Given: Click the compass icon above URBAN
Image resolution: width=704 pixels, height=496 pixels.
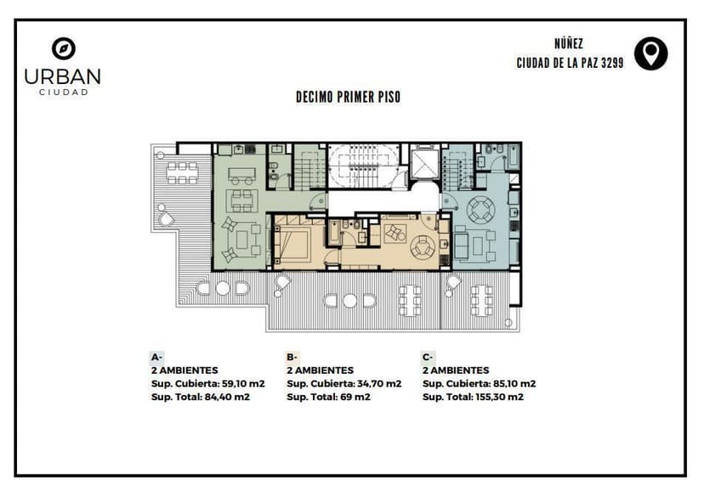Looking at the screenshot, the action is tap(63, 48).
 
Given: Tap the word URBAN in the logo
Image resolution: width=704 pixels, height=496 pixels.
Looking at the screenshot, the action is tap(62, 76).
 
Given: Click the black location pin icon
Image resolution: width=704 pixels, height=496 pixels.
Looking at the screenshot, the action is tap(650, 54).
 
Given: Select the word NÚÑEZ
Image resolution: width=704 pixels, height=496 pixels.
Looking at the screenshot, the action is tap(569, 44).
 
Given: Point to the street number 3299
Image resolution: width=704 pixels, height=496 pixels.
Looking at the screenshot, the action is tap(612, 63).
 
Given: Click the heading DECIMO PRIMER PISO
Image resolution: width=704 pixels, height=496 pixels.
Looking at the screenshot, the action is tap(348, 98).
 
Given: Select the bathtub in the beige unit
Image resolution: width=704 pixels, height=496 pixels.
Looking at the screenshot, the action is tap(333, 233).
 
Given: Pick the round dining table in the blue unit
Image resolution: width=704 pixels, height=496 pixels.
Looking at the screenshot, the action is tap(481, 210).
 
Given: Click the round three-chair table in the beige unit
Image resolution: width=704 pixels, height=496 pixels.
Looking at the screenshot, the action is tap(423, 247).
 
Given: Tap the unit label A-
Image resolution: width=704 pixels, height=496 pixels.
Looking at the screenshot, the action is tap(156, 358).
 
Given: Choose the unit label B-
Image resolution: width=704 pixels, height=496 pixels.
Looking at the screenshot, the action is tap(292, 358).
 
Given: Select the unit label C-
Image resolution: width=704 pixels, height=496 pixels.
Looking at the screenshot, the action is tap(428, 358).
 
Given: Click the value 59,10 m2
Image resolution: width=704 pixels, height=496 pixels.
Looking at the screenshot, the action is tap(243, 384).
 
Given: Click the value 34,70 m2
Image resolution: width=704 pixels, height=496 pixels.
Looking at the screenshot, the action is tap(379, 384).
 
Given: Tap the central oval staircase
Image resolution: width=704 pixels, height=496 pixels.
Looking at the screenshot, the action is tap(363, 166).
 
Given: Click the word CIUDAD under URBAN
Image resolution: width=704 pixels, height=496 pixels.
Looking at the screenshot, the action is tap(63, 93).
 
